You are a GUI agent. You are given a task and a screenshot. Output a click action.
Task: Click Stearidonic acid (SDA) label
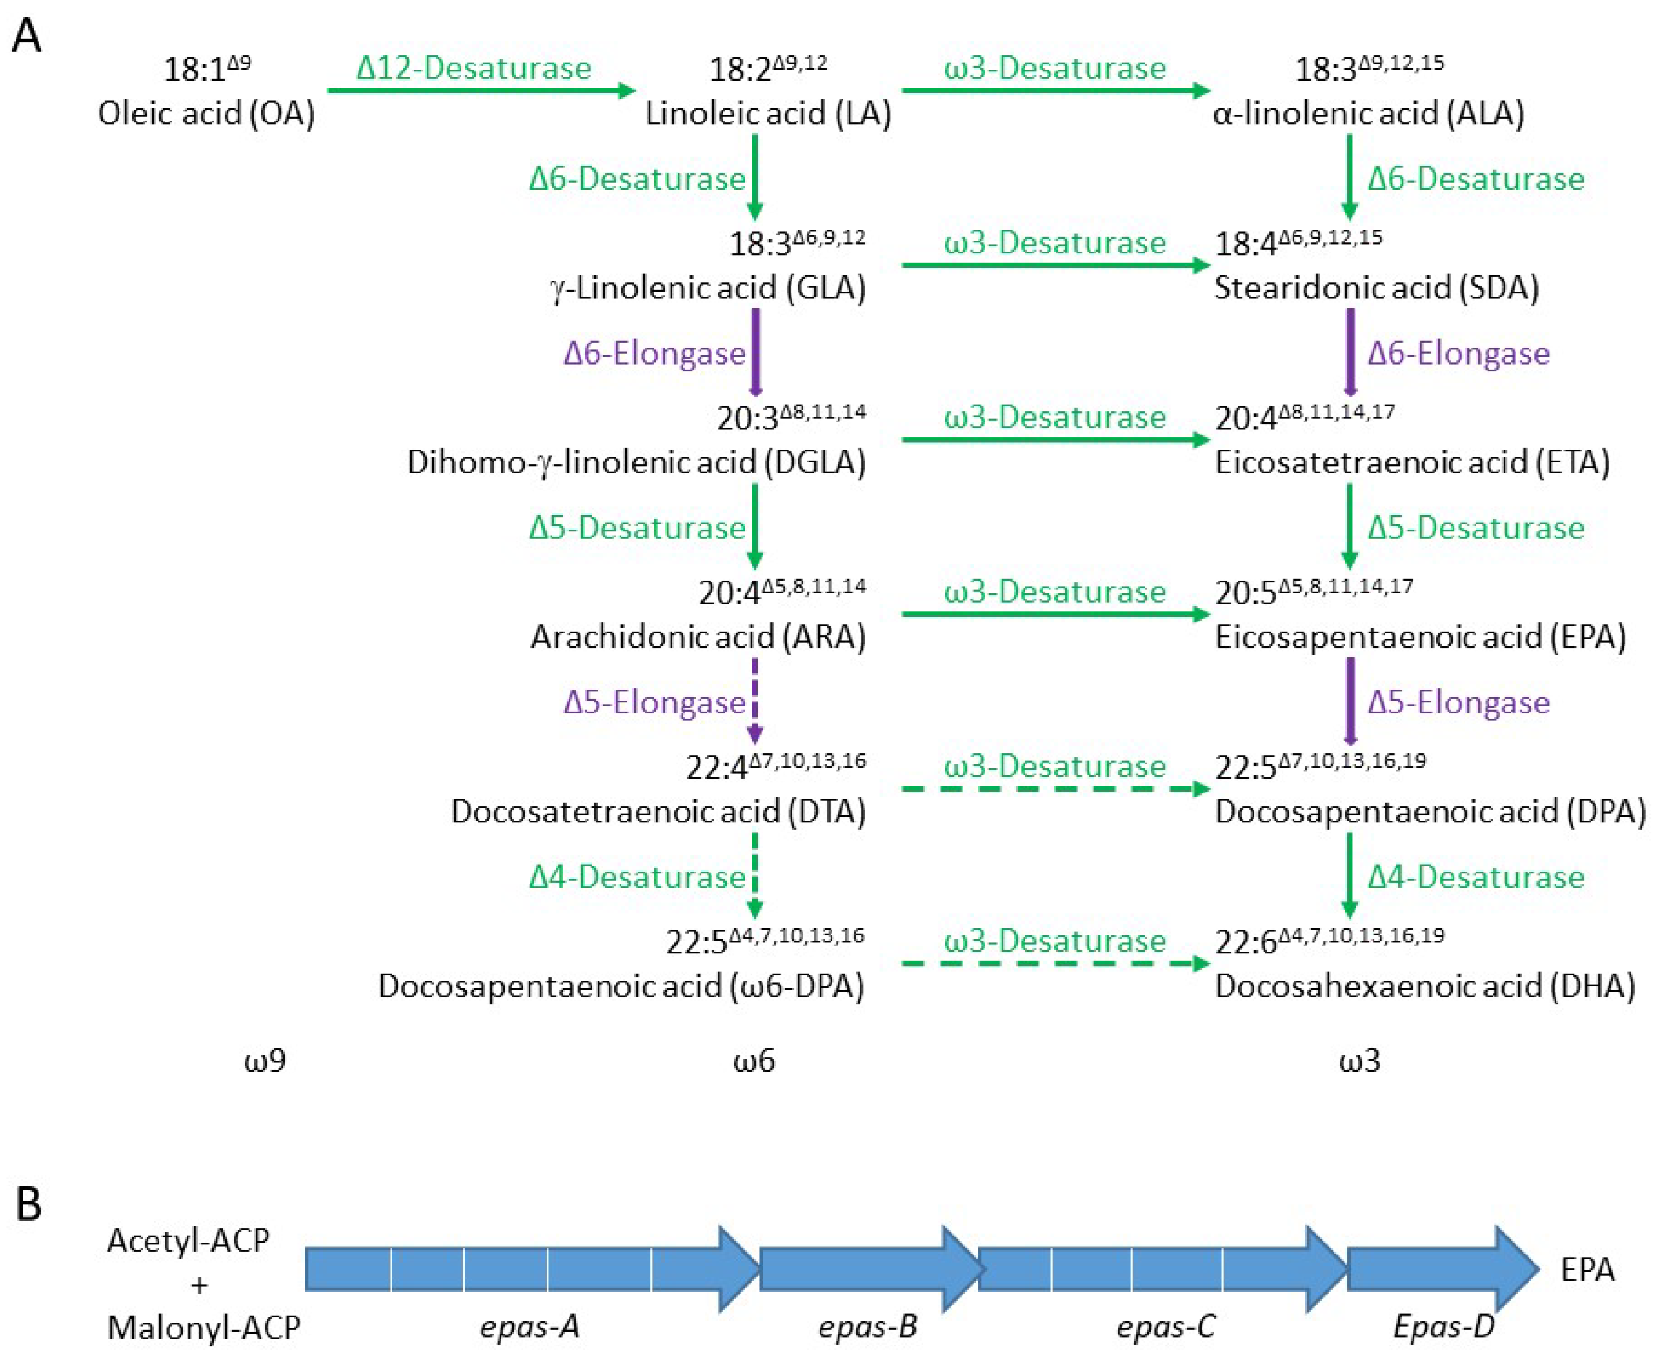pos(1376,288)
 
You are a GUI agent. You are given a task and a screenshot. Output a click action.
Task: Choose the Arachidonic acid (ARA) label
pos(698,637)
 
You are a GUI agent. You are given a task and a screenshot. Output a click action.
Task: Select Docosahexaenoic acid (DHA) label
pos(1425,986)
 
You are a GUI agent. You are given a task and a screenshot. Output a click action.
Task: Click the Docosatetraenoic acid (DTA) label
pos(658,812)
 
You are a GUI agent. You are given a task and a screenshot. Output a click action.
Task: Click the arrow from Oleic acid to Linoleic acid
pos(480,90)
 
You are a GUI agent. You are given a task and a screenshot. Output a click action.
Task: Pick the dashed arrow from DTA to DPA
pos(1054,789)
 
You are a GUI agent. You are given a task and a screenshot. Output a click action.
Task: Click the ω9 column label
pos(265,1061)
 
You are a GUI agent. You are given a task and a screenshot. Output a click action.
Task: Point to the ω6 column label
pos(754,1061)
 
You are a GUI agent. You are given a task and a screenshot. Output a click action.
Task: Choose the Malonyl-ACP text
pos(203,1328)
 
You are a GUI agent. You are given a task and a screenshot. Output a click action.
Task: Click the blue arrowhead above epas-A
pos(738,1269)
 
